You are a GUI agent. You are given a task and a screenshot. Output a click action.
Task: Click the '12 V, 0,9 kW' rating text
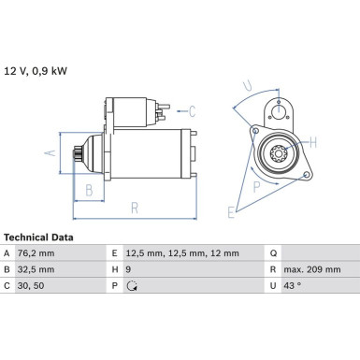[36, 71]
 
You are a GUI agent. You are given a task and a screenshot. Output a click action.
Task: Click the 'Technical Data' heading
[38, 238]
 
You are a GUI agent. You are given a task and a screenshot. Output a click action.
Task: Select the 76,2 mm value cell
[36, 253]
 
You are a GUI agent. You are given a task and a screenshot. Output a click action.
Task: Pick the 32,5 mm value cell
[36, 269]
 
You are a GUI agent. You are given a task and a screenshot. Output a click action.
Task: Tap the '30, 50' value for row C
[31, 285]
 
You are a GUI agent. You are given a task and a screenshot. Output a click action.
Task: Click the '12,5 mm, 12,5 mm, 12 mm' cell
[182, 253]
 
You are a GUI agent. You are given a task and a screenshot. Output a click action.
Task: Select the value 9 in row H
[128, 269]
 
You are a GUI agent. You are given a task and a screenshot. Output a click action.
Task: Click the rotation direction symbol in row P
[132, 286]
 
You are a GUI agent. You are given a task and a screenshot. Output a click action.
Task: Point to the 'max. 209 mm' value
[312, 269]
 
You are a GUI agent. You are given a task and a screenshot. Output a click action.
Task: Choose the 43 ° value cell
[293, 285]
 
